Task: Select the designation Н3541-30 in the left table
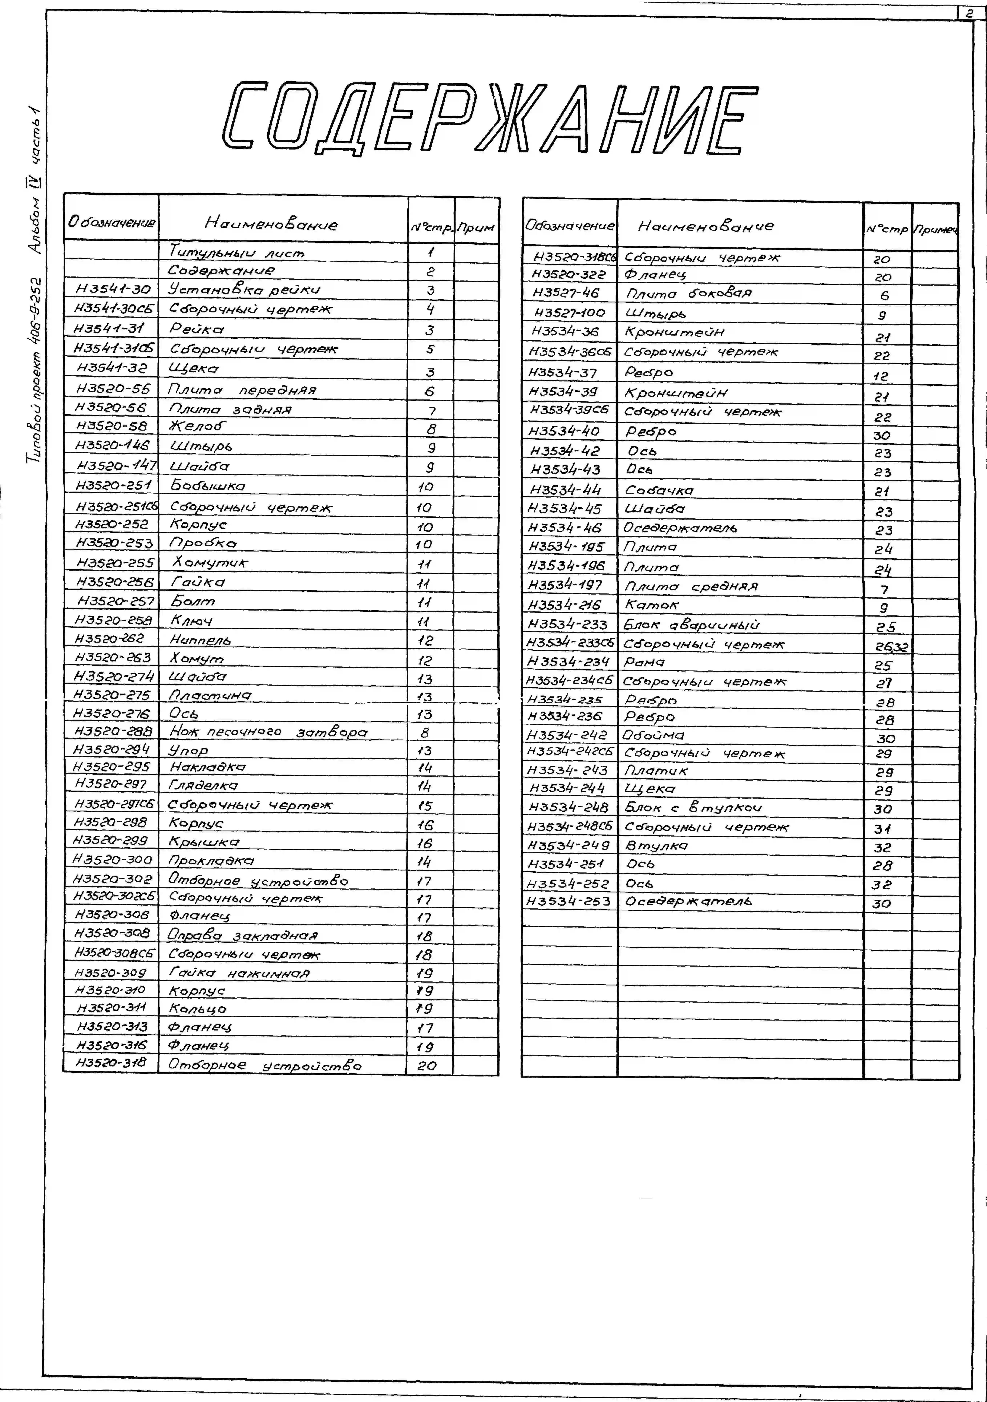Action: (x=112, y=289)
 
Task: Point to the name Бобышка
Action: (x=208, y=486)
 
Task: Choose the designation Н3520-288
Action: (x=113, y=731)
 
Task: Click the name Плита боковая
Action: (x=689, y=294)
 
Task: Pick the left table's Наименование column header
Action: (x=270, y=224)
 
